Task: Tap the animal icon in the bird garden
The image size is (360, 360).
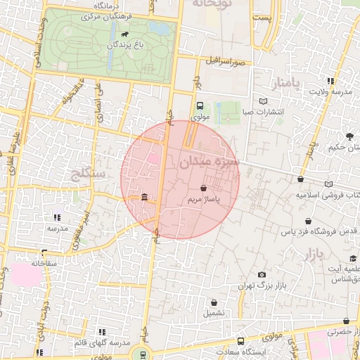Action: point(124,33)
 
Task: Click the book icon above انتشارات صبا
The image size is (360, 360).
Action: point(263,101)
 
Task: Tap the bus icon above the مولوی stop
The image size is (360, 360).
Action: point(200,105)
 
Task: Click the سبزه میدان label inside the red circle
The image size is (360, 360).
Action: point(210,162)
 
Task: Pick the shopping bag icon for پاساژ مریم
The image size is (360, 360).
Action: point(204,188)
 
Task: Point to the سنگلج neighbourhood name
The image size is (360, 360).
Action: point(89,172)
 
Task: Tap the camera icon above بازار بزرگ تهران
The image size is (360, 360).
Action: point(262,274)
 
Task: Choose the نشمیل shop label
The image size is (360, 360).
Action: point(214,314)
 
